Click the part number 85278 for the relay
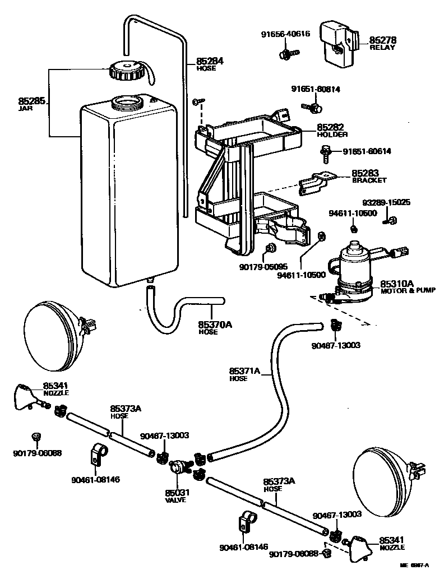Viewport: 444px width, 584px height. coord(382,40)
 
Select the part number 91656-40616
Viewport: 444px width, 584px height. coord(285,34)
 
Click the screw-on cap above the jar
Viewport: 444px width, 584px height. coord(128,71)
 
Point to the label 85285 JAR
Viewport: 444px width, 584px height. coord(31,103)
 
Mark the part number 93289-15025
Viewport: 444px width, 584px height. coord(386,202)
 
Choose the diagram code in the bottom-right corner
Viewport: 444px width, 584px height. coord(414,566)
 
